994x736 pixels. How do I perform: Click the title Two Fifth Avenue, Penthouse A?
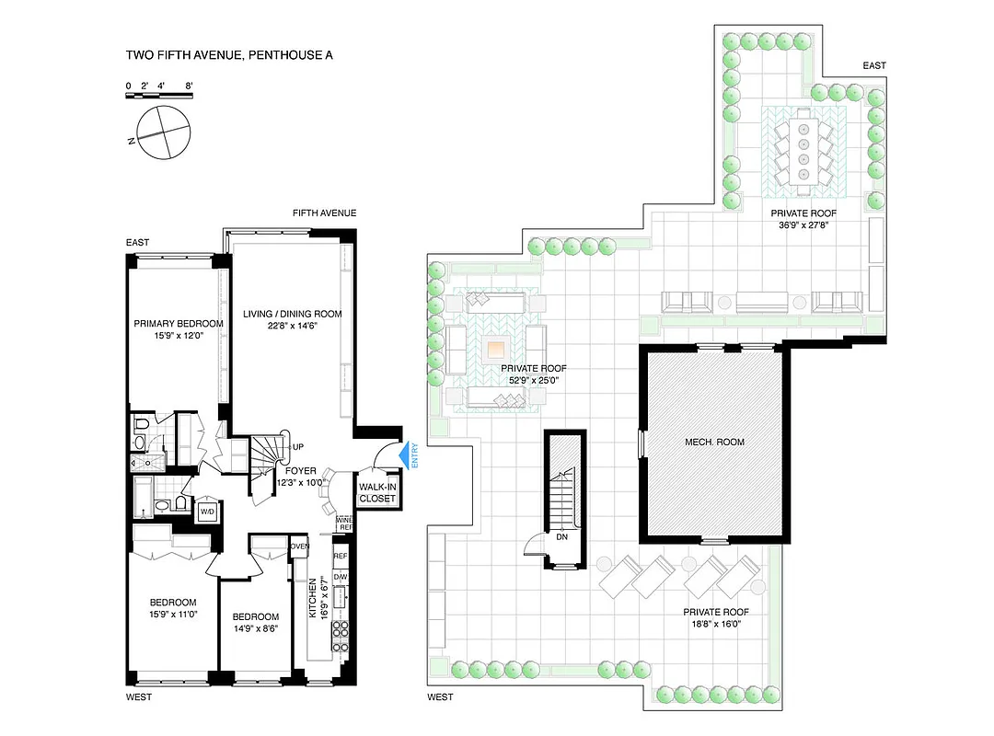point(229,55)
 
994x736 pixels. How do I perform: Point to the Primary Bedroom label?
point(179,324)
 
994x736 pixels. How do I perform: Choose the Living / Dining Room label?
point(292,314)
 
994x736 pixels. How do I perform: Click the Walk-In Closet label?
point(377,492)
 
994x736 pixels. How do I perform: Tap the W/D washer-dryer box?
point(207,512)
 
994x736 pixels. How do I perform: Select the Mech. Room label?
point(714,442)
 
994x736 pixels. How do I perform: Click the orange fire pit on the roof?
point(496,350)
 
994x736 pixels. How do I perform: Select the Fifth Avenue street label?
point(324,213)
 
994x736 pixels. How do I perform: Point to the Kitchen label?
point(313,597)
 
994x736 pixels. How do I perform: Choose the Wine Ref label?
point(345,523)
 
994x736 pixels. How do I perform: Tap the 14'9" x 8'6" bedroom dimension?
point(255,629)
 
